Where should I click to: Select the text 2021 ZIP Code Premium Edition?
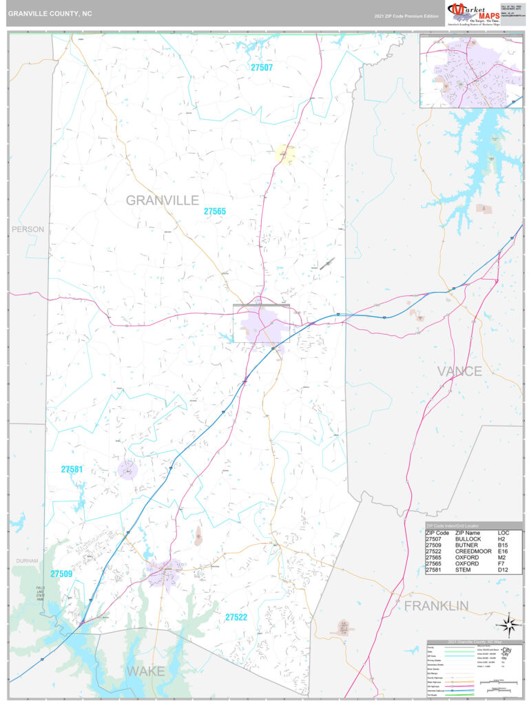(x=406, y=16)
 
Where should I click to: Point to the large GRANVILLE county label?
(x=162, y=200)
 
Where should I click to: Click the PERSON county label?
(x=28, y=229)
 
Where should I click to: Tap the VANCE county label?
(x=459, y=371)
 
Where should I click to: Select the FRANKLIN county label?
(x=436, y=606)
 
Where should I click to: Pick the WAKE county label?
(x=145, y=671)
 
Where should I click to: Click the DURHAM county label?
(x=27, y=561)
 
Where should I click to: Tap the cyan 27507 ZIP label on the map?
(x=262, y=67)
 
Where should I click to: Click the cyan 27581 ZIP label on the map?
(x=72, y=470)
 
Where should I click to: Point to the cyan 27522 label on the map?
(x=236, y=618)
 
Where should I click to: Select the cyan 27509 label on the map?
(x=61, y=574)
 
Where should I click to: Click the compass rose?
(x=510, y=625)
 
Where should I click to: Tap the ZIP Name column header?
(x=468, y=533)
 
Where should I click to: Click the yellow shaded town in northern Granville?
(x=285, y=154)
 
